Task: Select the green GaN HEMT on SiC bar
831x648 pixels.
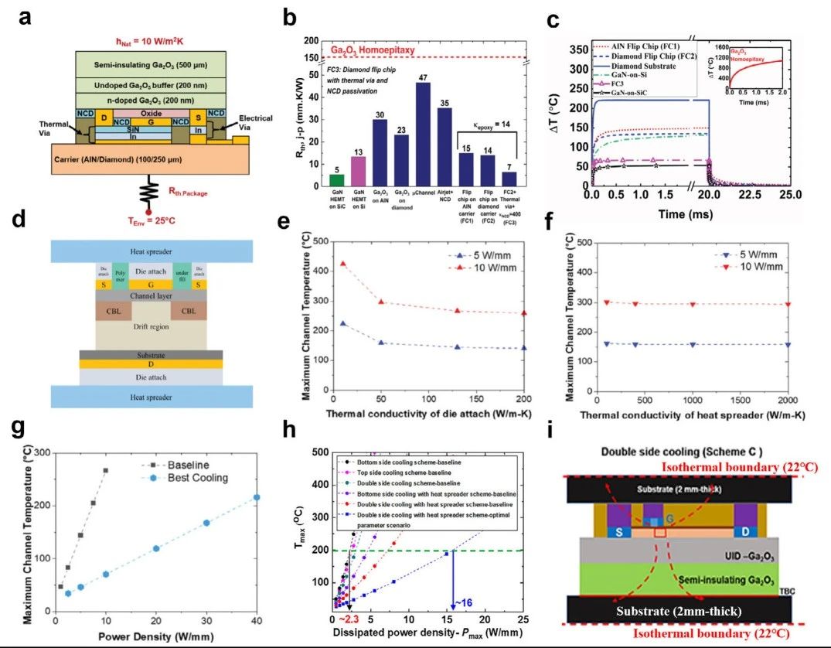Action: coord(315,176)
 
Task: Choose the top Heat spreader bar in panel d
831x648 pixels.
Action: coord(152,251)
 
